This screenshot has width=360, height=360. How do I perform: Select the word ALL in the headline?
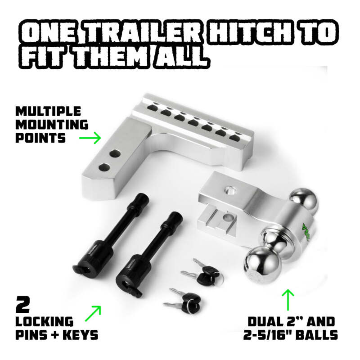[181, 58]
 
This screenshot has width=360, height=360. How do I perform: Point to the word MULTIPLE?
[48, 111]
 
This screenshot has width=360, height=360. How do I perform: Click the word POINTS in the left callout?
[40, 138]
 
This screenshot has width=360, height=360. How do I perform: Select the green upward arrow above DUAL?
[288, 299]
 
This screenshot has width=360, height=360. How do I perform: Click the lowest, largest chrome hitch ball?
[261, 265]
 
